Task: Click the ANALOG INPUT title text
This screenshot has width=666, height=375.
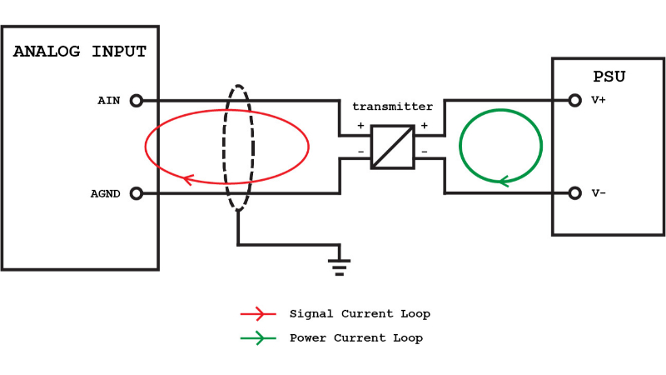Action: coord(80,52)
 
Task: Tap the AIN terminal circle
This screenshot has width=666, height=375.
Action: coord(137,101)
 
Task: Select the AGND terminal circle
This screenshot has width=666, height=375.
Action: coord(137,193)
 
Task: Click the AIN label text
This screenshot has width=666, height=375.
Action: coord(109,101)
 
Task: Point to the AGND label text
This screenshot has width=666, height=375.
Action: coord(106,193)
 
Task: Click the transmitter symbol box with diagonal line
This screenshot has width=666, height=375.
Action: coord(392,147)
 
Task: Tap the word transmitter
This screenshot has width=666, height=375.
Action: coord(392,107)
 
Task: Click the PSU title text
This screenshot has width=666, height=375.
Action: coord(609,77)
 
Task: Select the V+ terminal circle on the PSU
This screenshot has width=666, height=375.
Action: coord(574,101)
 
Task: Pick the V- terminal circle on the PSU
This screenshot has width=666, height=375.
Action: coord(574,193)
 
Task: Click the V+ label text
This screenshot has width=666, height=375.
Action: coord(599,101)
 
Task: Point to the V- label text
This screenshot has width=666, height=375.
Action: coord(599,193)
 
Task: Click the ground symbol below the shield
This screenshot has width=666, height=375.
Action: coord(338,266)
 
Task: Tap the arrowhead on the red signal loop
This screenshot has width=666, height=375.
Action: coord(189,178)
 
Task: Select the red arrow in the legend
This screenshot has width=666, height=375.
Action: coord(258,314)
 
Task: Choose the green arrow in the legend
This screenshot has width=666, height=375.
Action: coord(258,337)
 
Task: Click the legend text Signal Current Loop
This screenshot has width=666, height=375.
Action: coord(360,314)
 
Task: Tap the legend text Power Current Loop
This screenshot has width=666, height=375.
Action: coord(356,337)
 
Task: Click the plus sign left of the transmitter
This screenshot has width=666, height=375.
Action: coord(360,126)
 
